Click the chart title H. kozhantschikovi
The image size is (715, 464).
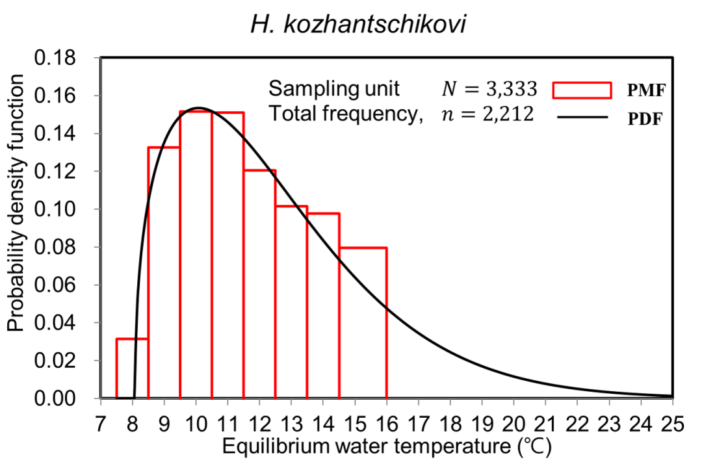pos(357,25)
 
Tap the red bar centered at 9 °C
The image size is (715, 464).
pos(164,273)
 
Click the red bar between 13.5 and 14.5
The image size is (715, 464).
pos(323,305)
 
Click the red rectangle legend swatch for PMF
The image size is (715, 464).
pos(582,90)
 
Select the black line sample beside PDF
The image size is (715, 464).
pos(582,118)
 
